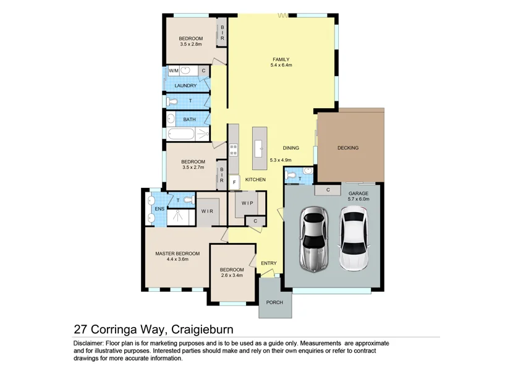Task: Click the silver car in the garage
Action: (x=314, y=239)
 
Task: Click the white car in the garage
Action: (x=354, y=239)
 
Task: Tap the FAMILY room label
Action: (x=281, y=59)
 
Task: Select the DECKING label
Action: (x=348, y=148)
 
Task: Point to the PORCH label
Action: (x=274, y=302)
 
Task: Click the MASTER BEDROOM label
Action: (x=177, y=253)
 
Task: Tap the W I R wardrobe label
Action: (x=207, y=211)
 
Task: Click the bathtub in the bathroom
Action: (x=180, y=134)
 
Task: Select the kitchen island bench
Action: (x=260, y=146)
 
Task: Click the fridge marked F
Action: (x=234, y=183)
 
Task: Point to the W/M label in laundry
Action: (x=173, y=71)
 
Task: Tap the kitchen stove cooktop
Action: (x=234, y=150)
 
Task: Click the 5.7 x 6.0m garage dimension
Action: (x=358, y=199)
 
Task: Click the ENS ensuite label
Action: (x=159, y=209)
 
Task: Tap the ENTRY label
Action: (x=269, y=263)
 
